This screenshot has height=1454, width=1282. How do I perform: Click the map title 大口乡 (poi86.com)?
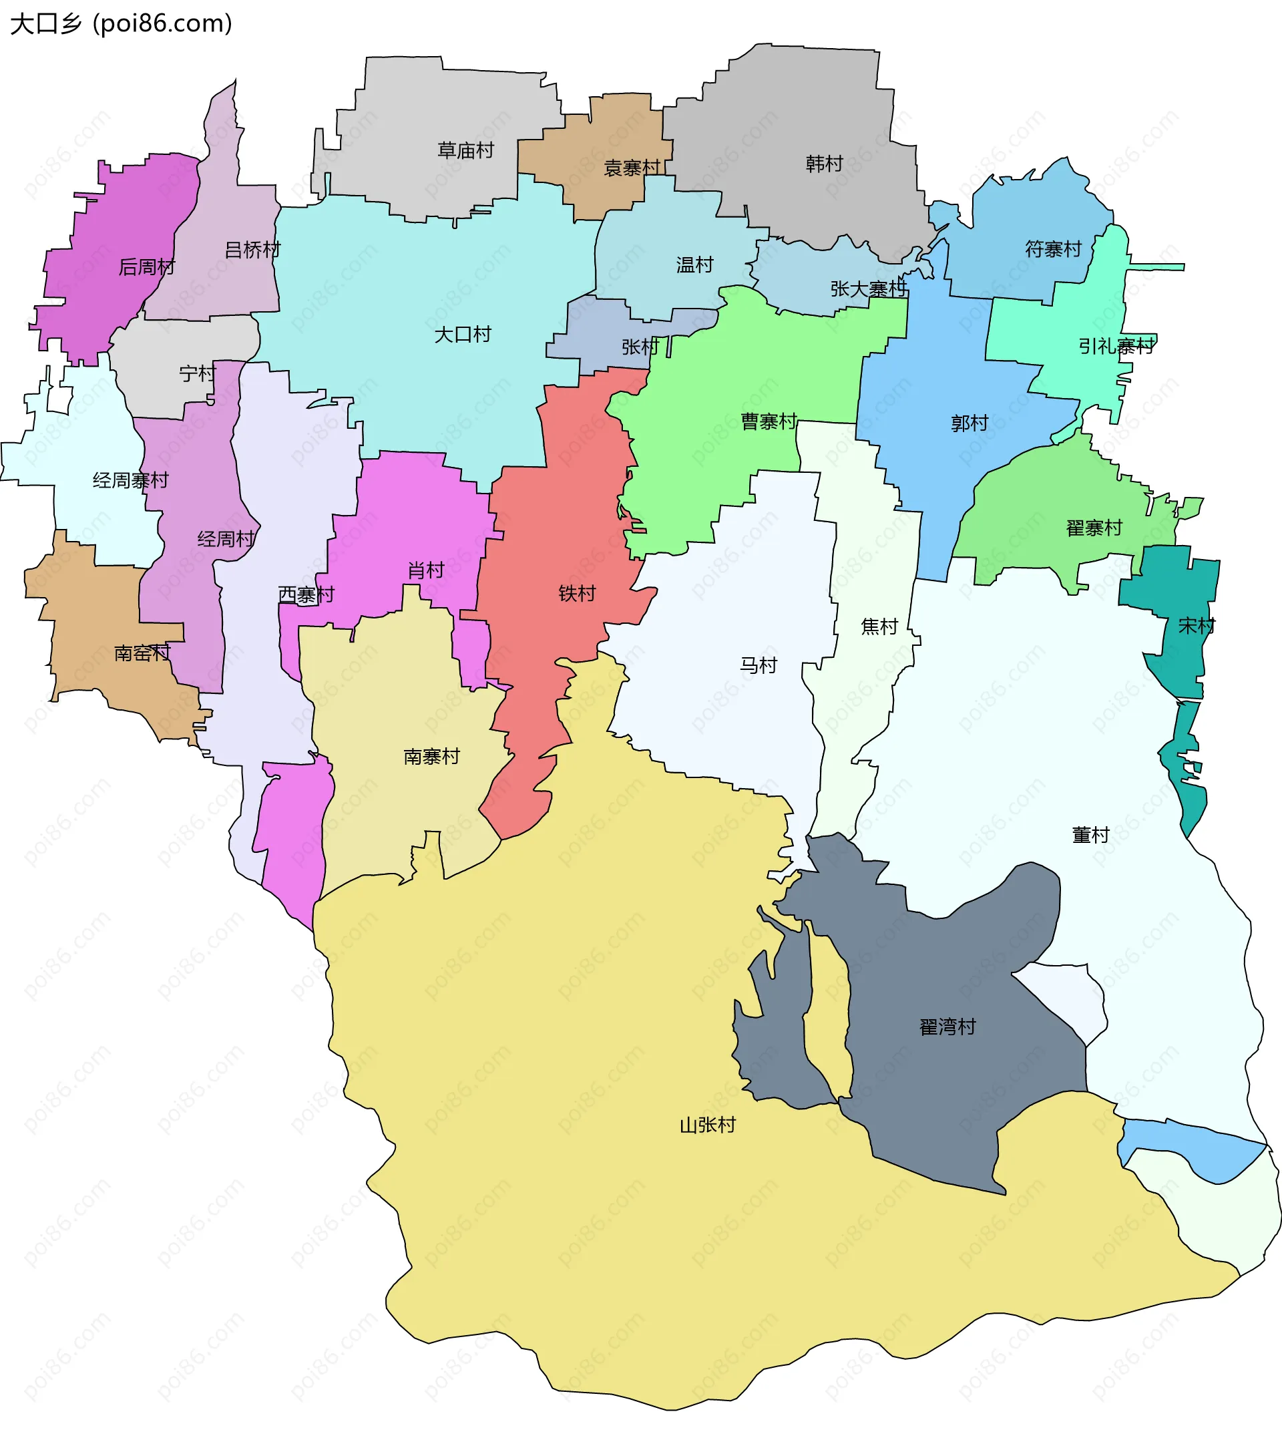[121, 24]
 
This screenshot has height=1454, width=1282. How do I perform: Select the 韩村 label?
[824, 164]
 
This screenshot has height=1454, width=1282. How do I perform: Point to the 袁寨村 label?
[632, 168]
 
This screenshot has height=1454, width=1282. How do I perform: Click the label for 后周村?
[146, 266]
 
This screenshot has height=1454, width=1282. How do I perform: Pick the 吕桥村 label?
[252, 250]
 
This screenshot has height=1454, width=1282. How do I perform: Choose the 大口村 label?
[463, 335]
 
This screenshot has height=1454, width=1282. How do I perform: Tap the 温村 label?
[694, 265]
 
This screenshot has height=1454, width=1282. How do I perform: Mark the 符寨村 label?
[1053, 249]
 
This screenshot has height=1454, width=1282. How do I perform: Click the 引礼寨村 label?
[1116, 347]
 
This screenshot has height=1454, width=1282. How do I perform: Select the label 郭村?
[969, 423]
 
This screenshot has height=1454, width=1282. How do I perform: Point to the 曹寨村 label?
[769, 422]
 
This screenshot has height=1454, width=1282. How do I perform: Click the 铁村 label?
[577, 593]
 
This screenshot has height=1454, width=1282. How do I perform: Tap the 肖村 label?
[426, 570]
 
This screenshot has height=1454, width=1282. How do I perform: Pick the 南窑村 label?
[142, 653]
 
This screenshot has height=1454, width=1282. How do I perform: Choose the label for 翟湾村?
[948, 1027]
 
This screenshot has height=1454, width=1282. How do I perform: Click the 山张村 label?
[708, 1125]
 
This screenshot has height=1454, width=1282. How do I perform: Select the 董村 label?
[1091, 834]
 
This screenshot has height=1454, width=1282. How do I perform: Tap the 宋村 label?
[1197, 626]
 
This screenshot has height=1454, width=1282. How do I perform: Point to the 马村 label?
[759, 665]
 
